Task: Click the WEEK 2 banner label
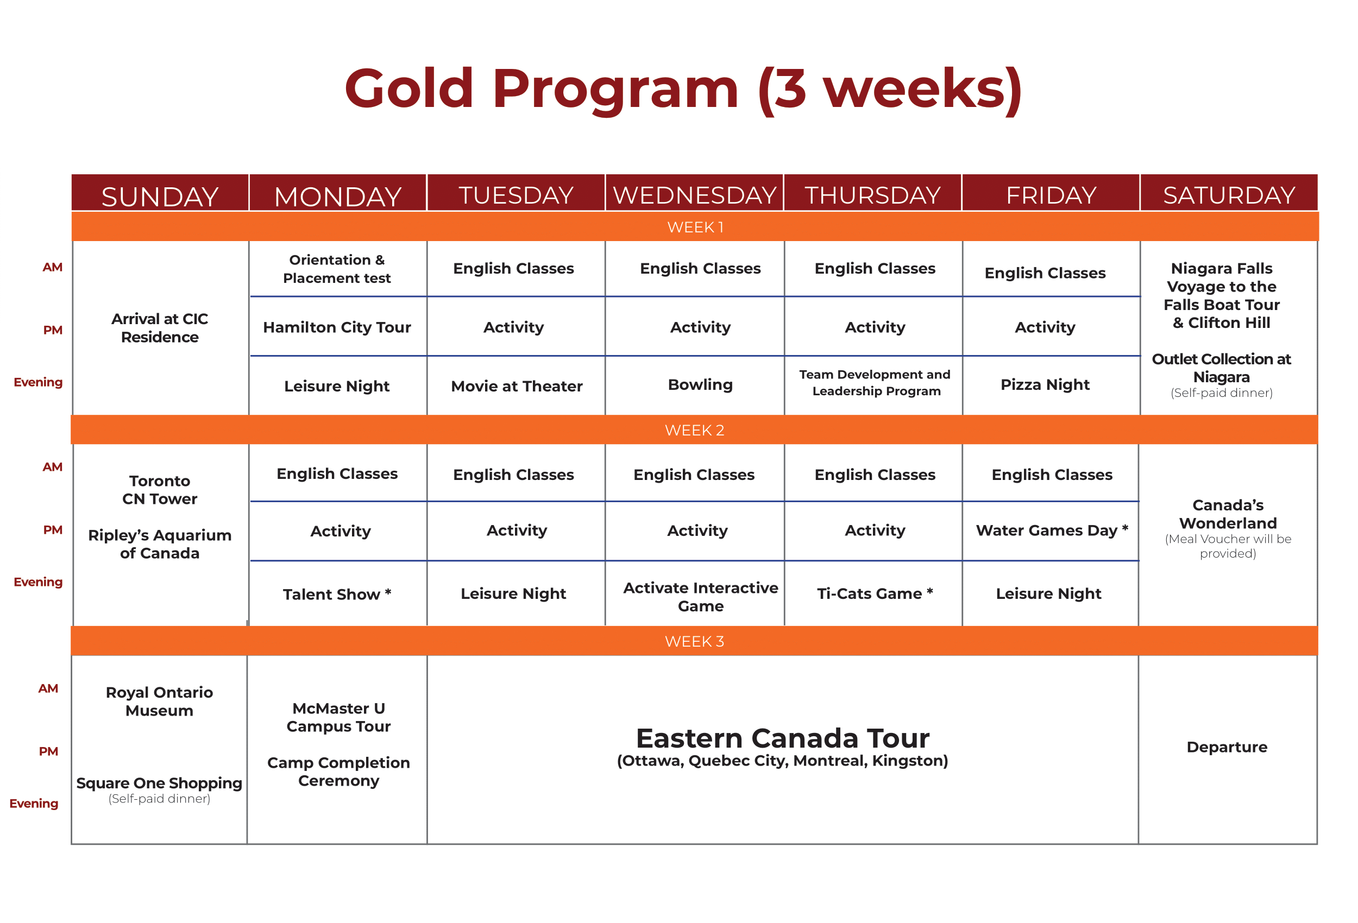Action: click(694, 430)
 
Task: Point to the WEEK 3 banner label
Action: click(694, 641)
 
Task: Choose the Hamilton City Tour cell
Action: click(337, 327)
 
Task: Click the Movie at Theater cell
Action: click(517, 386)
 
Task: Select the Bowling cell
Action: click(700, 385)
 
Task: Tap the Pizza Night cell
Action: click(1045, 385)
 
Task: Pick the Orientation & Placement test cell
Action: click(337, 269)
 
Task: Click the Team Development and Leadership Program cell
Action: click(875, 383)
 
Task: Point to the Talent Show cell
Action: click(337, 594)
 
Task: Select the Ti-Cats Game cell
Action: click(875, 593)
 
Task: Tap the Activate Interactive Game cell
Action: click(701, 597)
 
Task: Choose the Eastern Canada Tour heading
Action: click(782, 738)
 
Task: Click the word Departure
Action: click(1227, 747)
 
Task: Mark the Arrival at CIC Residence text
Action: click(160, 328)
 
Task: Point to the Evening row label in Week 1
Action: click(38, 383)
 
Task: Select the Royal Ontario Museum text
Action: click(160, 701)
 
